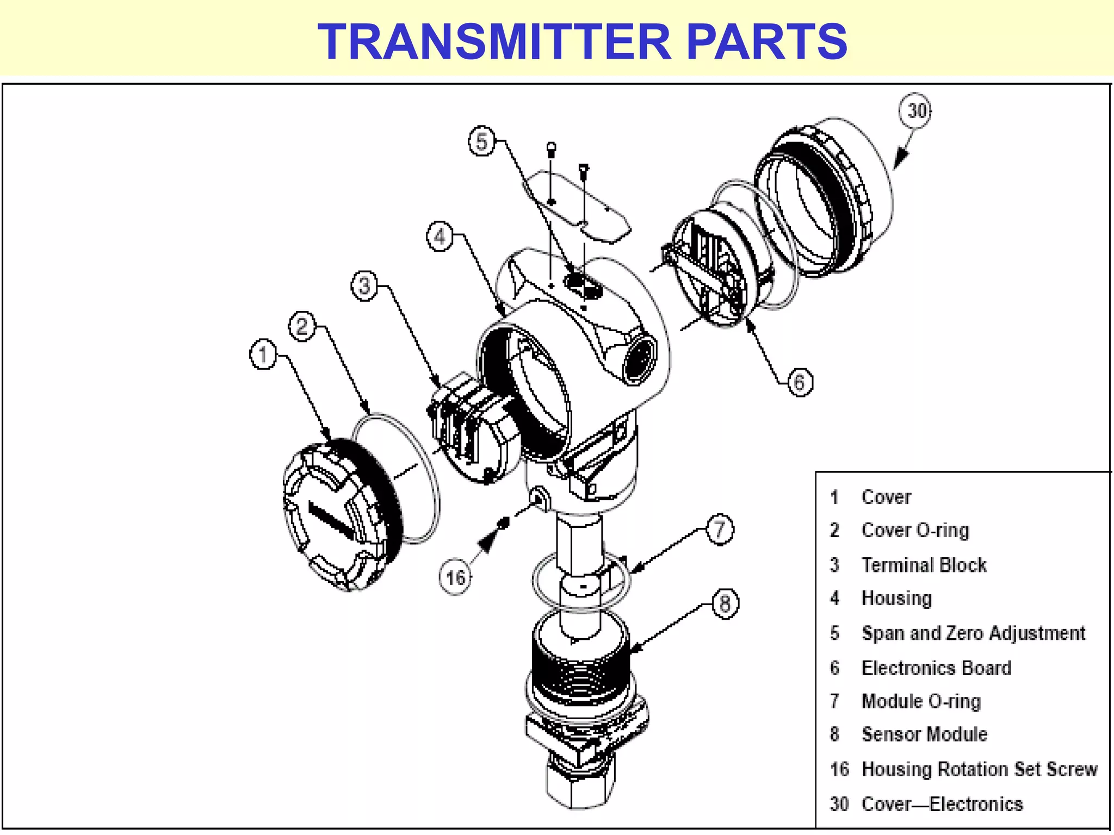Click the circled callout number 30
[x=915, y=111]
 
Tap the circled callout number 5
[x=481, y=141]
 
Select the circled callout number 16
[x=455, y=577]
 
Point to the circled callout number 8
[x=725, y=603]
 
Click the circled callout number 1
[x=263, y=354]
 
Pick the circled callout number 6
[x=799, y=382]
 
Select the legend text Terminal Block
[x=924, y=565]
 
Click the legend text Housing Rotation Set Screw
[x=979, y=769]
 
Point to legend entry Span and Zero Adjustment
[x=973, y=633]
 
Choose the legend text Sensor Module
[x=924, y=734]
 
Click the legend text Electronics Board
[x=936, y=668]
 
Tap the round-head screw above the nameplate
[x=551, y=148]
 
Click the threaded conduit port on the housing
[x=639, y=359]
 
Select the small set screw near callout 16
[x=504, y=523]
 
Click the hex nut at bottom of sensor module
[x=580, y=783]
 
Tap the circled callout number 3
[x=364, y=285]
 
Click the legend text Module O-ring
[x=921, y=701]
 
